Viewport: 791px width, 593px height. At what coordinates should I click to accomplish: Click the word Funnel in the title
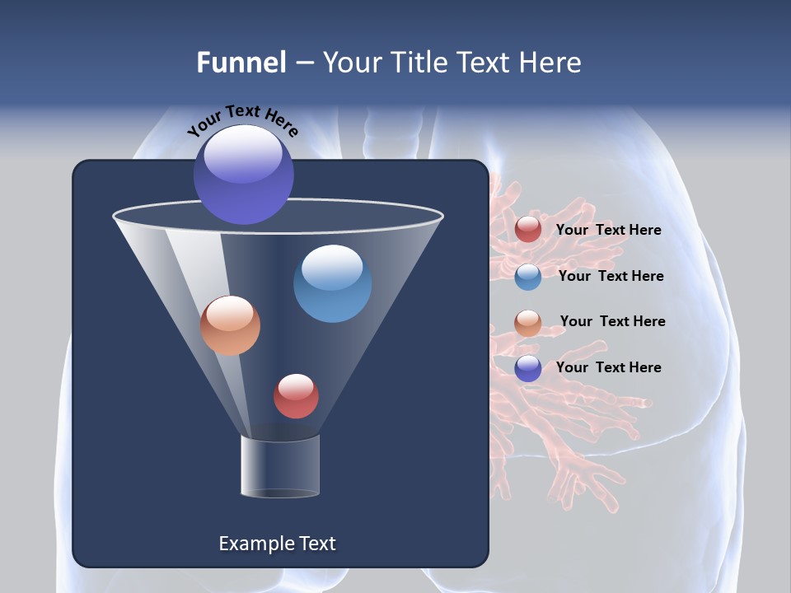[x=241, y=63]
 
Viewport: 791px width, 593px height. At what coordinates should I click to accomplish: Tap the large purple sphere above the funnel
[x=244, y=174]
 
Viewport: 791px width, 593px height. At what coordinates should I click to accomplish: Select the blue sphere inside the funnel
[x=332, y=282]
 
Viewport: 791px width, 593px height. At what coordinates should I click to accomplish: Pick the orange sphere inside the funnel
[x=231, y=325]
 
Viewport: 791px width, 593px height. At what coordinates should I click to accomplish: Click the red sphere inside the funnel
[x=296, y=395]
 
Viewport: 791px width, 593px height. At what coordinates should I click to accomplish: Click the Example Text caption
[x=277, y=544]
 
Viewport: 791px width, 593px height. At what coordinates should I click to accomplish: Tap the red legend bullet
[x=528, y=230]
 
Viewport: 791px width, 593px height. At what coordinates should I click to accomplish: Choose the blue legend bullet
[x=528, y=277]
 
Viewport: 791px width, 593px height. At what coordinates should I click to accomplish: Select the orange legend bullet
[x=528, y=323]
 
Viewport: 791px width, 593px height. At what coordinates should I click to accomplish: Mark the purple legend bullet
[x=528, y=368]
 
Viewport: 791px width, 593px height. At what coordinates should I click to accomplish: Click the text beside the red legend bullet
[x=608, y=230]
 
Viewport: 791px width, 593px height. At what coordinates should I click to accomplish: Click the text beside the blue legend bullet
[x=611, y=276]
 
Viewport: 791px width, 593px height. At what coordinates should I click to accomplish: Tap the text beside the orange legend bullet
[x=612, y=321]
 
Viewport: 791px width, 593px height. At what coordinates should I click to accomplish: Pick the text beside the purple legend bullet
[x=608, y=367]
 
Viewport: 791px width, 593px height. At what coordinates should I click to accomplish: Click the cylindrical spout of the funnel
[x=280, y=466]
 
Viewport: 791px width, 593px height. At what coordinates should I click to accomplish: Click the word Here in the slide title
[x=550, y=63]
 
